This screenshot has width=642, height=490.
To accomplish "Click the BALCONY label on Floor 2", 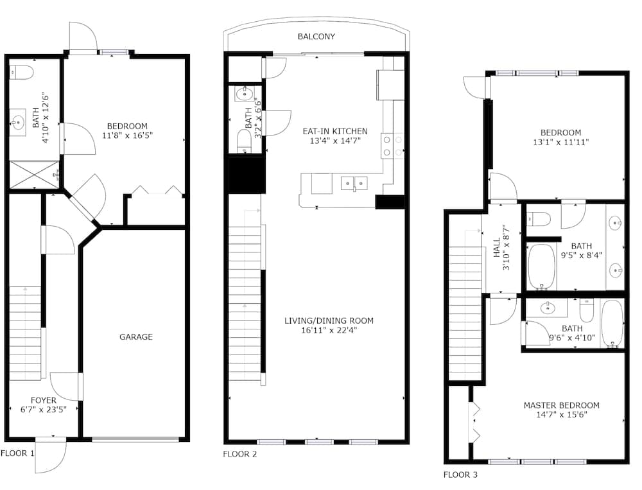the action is coord(316,37).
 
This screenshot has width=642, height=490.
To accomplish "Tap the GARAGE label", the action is coord(136,337).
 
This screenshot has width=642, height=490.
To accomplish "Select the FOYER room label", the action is coord(44,400).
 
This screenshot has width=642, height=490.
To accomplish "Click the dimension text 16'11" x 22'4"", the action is coord(329,330).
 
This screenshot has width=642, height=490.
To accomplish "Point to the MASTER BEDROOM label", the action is coord(561,405).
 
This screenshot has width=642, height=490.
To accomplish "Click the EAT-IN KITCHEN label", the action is coord(335,131).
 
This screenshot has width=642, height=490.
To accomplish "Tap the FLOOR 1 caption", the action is coord(17,453).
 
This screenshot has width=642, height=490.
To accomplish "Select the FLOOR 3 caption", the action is coord(460,475).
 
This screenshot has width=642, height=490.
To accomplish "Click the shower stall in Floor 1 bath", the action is coord(35,175).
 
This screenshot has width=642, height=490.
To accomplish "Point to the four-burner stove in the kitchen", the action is coord(392,146).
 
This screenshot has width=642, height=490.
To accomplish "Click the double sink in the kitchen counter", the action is coord(354,183).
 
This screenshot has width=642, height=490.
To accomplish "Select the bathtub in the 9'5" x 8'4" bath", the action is coord(541,267).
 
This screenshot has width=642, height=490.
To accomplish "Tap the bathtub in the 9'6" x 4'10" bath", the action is coord(612,324).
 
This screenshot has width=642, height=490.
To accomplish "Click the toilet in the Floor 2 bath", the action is coord(245,141).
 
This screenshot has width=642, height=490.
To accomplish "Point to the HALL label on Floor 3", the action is coord(497,248).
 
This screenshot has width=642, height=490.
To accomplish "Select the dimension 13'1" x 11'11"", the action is coord(560,142).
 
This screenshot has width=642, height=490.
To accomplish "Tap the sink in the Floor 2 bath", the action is coord(245,94).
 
